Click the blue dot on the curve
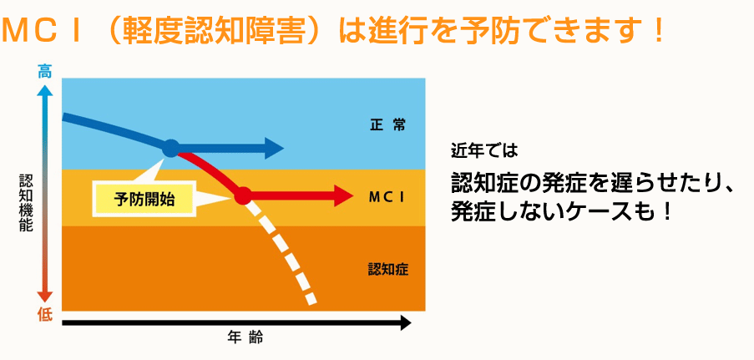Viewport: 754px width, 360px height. tap(170, 148)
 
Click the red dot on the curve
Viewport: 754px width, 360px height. tap(243, 195)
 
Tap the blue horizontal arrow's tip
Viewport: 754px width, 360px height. tap(284, 148)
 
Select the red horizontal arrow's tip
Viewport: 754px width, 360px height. tap(353, 196)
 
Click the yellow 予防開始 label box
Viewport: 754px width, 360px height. tap(144, 199)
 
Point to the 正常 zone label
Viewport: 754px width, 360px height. tap(387, 126)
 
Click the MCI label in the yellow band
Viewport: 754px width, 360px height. tap(387, 197)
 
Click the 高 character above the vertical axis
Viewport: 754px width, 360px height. tap(45, 73)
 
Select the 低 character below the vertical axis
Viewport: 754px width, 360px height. tap(45, 316)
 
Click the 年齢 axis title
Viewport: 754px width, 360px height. tap(245, 337)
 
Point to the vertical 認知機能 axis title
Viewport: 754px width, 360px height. tap(26, 203)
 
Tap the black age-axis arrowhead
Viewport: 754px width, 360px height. tap(404, 323)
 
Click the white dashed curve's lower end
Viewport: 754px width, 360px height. tap(311, 302)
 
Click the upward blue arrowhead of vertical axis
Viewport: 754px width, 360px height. tap(45, 89)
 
